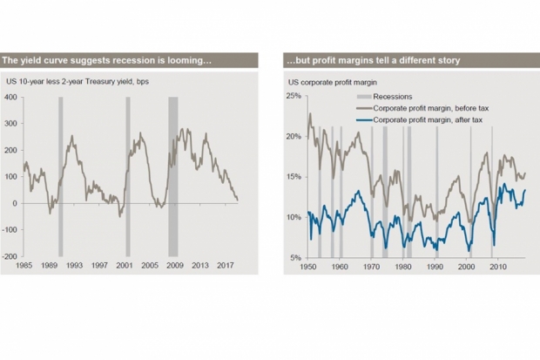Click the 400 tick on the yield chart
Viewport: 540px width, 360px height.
10,98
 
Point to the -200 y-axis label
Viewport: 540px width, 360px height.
10,256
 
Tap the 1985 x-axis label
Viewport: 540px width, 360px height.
24,266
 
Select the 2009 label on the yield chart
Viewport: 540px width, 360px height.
175,266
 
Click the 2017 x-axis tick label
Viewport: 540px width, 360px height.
226,266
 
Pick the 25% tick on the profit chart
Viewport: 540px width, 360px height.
294,96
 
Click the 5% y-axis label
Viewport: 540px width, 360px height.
295,258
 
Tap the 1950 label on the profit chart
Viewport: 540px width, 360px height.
307,267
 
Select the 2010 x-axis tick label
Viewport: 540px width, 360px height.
498,267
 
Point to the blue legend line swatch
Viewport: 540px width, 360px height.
364,120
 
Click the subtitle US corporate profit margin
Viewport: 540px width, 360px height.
333,83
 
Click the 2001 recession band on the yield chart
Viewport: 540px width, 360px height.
128,177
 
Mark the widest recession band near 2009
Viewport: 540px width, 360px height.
173,177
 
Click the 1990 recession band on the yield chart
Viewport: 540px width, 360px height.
61,177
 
